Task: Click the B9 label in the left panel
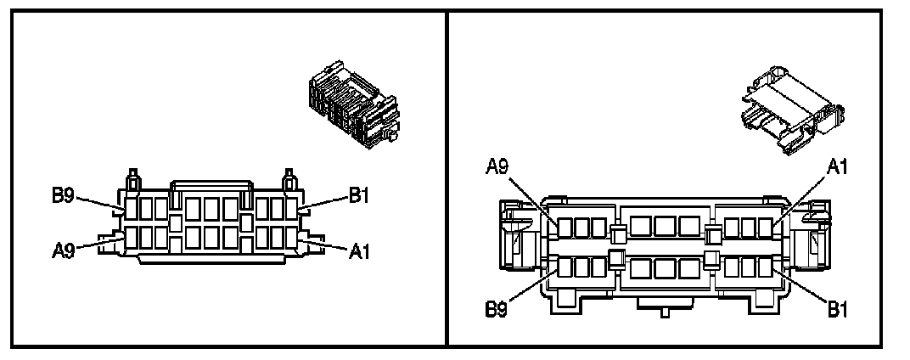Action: (63, 195)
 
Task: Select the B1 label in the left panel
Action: (359, 195)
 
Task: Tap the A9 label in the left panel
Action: (63, 250)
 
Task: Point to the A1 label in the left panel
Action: (359, 251)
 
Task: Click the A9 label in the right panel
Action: (497, 167)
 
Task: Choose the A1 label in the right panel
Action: (837, 167)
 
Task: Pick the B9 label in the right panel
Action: (497, 310)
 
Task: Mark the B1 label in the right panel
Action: (838, 310)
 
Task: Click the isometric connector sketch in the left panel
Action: (354, 104)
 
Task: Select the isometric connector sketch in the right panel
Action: (792, 110)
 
